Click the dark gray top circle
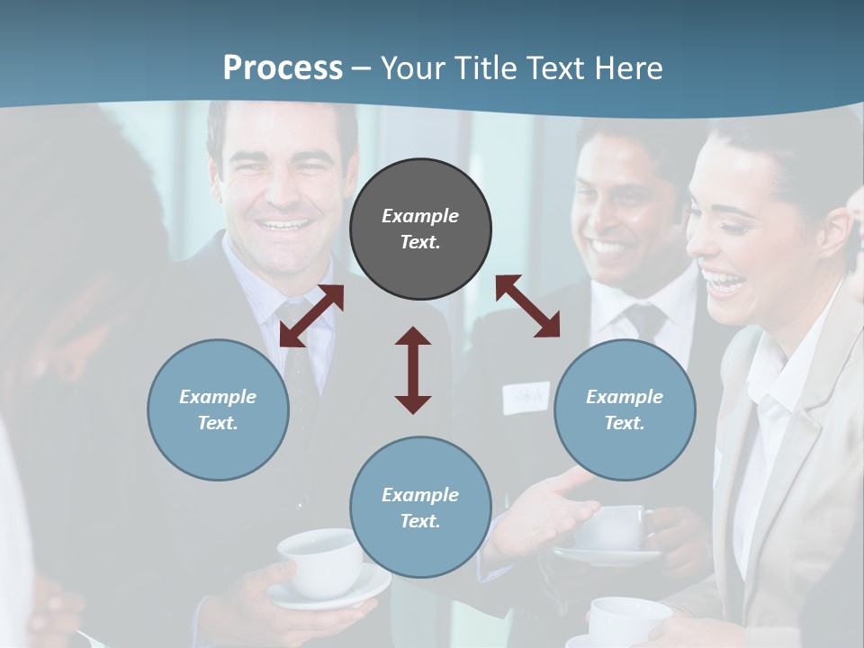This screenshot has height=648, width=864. click(420, 229)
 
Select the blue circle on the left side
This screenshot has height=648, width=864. click(218, 409)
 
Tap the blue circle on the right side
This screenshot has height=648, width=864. click(625, 409)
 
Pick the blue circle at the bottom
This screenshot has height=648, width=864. click(420, 508)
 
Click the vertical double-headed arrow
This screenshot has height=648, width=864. click(413, 370)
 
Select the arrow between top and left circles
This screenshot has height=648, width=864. click(311, 316)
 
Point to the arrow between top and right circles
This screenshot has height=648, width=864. click(528, 306)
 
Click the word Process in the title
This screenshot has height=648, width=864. click(283, 67)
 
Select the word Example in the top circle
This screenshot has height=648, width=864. click(420, 216)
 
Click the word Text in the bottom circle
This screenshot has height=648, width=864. click(419, 521)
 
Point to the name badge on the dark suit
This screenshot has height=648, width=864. click(526, 396)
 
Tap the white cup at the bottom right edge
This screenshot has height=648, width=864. click(629, 621)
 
